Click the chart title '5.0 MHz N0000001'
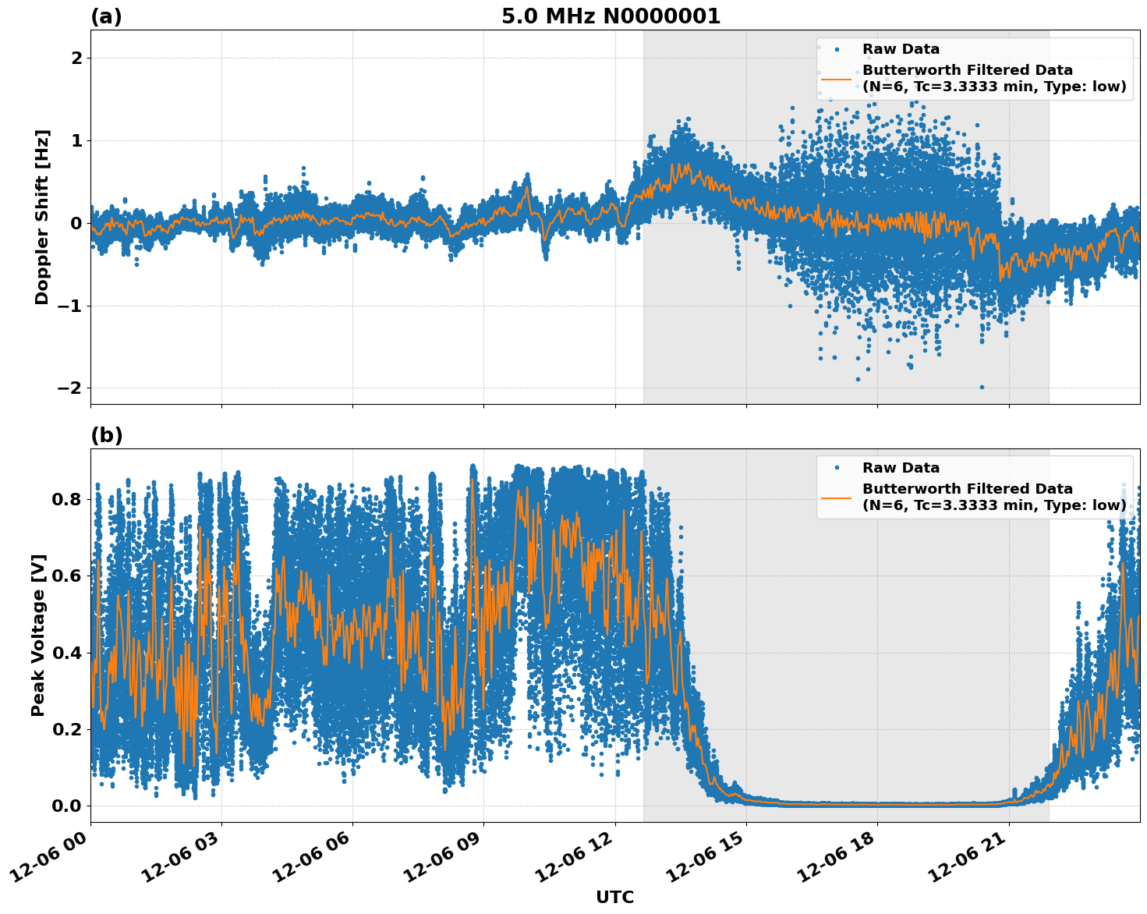coord(611,16)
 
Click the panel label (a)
coord(106,16)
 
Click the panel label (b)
coord(106,435)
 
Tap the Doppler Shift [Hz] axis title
coord(42,217)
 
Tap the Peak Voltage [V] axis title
coord(38,635)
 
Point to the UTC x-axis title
coord(614,897)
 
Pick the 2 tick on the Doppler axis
coord(76,58)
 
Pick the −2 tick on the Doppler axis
coord(70,388)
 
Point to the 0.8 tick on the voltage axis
coord(66,498)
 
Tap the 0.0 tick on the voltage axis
coord(66,806)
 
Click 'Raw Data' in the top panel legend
coord(901,49)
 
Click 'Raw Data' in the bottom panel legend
coord(901,468)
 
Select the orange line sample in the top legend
coord(836,79)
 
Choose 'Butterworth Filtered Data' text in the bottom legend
coord(967,489)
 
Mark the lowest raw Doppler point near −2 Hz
coord(982,387)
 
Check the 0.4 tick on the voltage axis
coord(66,652)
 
